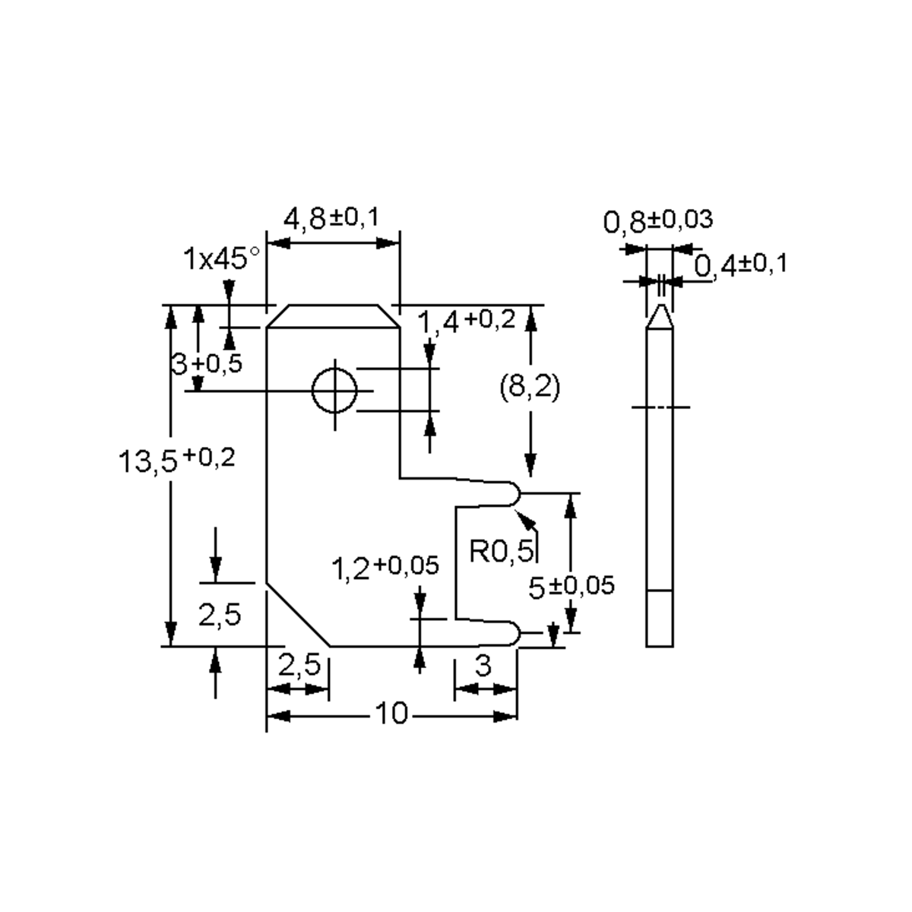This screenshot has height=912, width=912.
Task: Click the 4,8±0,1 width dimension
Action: click(x=331, y=220)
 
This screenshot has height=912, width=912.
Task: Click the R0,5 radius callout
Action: click(x=502, y=549)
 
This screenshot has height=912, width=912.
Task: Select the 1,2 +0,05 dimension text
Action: click(x=385, y=567)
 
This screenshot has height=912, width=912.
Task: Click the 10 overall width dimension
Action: click(x=391, y=715)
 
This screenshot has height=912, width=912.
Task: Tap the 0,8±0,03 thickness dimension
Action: click(x=658, y=221)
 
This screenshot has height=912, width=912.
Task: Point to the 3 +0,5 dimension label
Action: click(x=206, y=364)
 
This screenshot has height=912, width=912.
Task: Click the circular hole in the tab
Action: click(x=334, y=391)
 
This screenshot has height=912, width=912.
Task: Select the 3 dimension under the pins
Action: click(x=483, y=667)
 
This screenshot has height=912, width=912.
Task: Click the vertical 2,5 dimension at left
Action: click(x=220, y=614)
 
